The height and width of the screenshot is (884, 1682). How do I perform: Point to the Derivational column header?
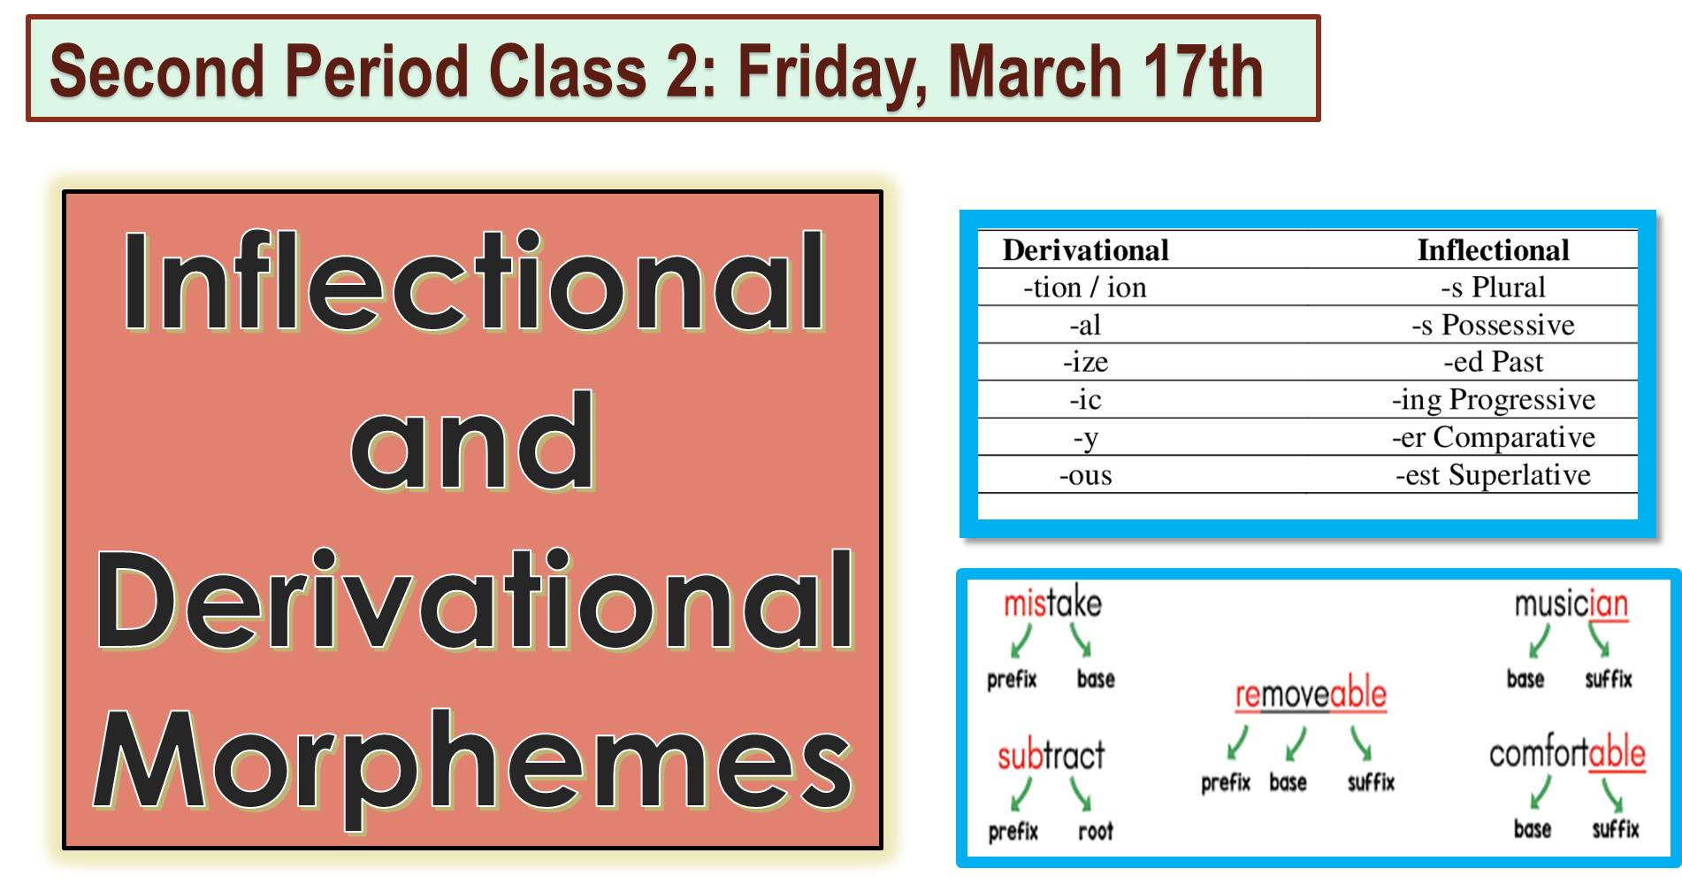(x=1085, y=250)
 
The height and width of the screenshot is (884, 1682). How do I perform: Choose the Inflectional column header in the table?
(x=1493, y=250)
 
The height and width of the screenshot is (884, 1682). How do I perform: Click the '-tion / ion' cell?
(x=1085, y=288)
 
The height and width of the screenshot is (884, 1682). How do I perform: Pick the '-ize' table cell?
(x=1085, y=362)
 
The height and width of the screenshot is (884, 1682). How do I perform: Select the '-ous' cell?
(x=1085, y=475)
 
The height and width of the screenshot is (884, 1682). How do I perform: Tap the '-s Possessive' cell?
(x=1493, y=325)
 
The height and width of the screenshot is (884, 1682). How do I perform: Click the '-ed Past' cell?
(x=1493, y=362)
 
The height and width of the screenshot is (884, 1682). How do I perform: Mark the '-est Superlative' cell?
(x=1493, y=475)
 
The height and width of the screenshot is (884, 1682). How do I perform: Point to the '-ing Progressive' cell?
(x=1493, y=400)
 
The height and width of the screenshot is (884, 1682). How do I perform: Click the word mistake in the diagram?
(x=1052, y=603)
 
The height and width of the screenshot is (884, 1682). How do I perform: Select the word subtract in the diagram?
(x=1051, y=756)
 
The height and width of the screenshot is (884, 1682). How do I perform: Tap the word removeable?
(x=1311, y=696)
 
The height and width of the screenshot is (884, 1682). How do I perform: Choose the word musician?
(x=1571, y=604)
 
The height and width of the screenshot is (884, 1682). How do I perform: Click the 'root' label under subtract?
(x=1095, y=831)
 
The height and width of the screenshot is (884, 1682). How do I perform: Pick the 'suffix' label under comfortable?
(x=1615, y=829)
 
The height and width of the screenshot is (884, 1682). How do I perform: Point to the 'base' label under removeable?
(x=1288, y=782)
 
